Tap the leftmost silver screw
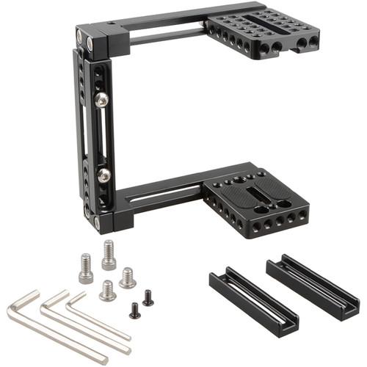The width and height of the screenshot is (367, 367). pyautogui.click(x=86, y=269)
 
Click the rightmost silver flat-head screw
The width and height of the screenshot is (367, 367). pyautogui.click(x=127, y=277)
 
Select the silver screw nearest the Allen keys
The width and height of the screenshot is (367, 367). pyautogui.click(x=108, y=291)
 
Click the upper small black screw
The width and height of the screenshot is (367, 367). pyautogui.click(x=148, y=297)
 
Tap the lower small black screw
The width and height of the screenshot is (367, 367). pyautogui.click(x=134, y=311)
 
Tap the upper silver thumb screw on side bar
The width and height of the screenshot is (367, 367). pyautogui.click(x=101, y=98)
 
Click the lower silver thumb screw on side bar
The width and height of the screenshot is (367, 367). pyautogui.click(x=103, y=174)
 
